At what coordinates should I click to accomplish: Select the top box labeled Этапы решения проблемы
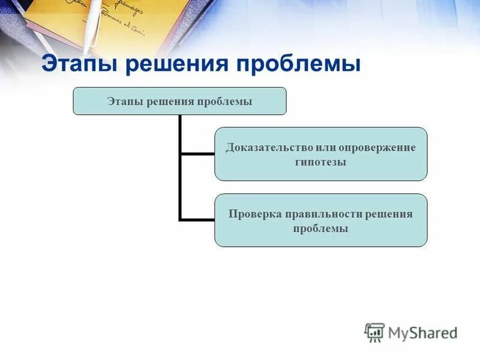pos(179,101)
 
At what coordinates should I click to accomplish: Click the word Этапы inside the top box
pos(125,101)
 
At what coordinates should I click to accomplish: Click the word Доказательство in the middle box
pos(265,147)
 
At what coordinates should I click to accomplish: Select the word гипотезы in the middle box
pos(321,161)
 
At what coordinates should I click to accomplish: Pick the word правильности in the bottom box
pos(322,214)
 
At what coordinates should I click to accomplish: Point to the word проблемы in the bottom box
pos(321,229)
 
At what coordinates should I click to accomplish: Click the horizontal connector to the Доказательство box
pos(197,154)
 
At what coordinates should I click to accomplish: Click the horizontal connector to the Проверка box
pos(197,220)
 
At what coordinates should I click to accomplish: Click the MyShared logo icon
pos(374,332)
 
